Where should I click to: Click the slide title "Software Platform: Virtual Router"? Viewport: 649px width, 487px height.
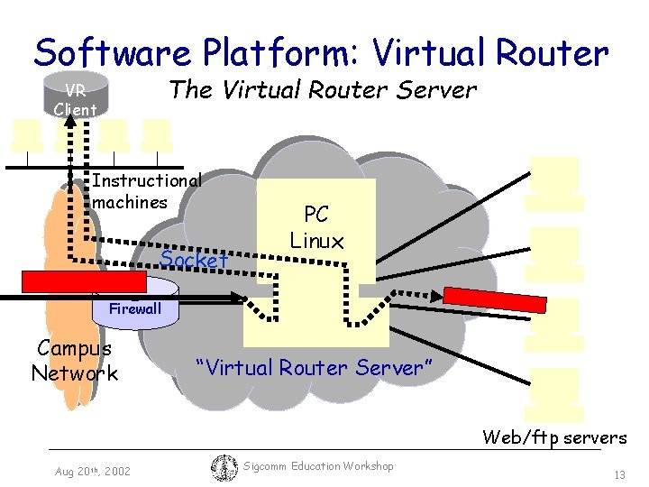click(321, 53)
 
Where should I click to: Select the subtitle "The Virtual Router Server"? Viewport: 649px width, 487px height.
click(323, 90)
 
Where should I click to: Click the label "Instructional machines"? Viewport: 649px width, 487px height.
click(146, 190)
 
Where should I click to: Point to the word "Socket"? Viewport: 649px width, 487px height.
click(194, 260)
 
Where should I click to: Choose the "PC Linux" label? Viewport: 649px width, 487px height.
click(316, 227)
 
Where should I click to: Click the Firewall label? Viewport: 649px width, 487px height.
click(135, 309)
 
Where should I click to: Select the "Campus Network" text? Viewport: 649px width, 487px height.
click(74, 361)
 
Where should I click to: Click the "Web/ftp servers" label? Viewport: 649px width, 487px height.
click(554, 437)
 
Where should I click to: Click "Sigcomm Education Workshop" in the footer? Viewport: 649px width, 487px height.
click(319, 466)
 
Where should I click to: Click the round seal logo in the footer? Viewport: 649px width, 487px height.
click(224, 467)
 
